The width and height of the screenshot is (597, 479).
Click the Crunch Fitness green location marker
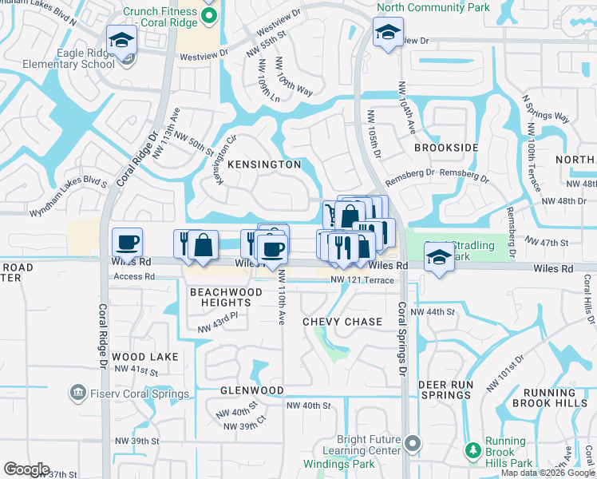209,16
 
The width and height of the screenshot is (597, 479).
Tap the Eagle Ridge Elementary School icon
121,39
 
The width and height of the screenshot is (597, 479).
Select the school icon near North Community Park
387,34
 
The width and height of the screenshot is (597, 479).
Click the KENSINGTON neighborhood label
264,164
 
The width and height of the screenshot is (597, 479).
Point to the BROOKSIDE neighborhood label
445,148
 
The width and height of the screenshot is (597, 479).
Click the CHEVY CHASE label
342,322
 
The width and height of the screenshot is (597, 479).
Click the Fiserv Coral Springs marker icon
77,393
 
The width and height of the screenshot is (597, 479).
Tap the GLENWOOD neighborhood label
252,390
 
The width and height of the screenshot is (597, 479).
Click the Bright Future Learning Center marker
412,442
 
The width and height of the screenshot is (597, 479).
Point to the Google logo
26,469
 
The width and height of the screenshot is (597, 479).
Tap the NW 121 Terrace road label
362,281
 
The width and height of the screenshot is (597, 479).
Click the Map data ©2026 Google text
548,473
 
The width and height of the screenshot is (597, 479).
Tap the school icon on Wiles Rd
437,258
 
